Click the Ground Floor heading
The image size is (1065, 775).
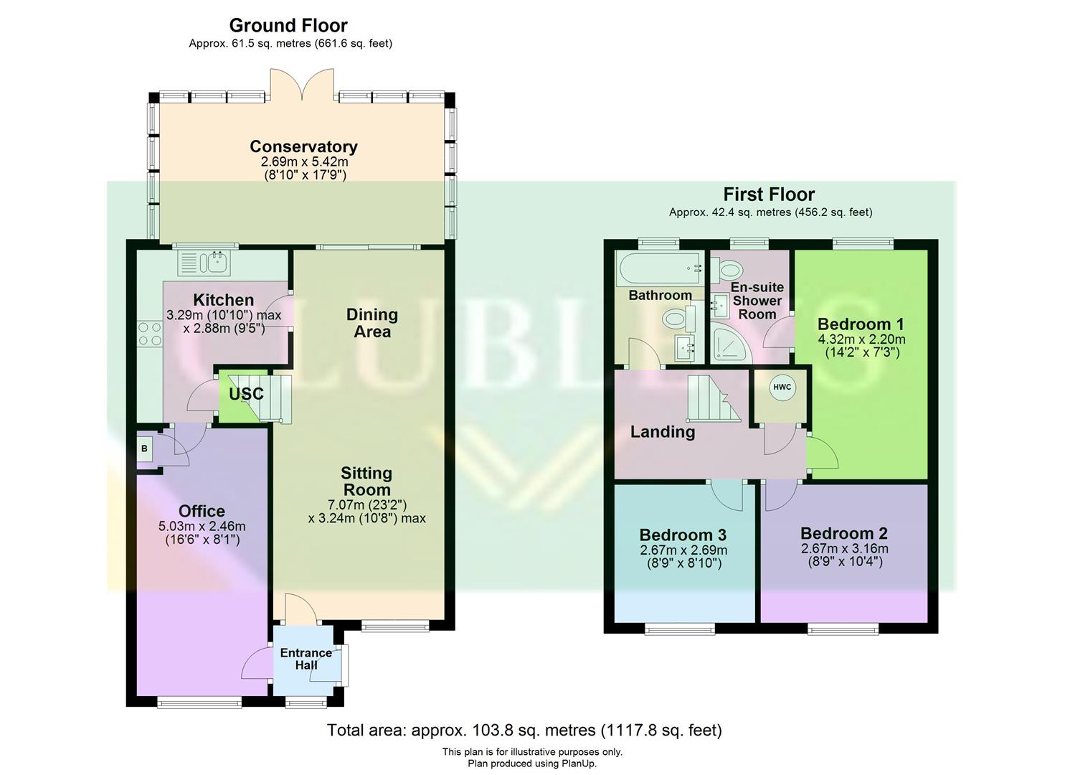pos(288,26)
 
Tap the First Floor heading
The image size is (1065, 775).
pos(769,194)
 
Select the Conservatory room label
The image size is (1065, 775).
pos(303,146)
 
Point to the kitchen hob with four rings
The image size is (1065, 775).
pos(150,334)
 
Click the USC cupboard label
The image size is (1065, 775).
pos(246,394)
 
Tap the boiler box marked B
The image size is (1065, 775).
pos(145,449)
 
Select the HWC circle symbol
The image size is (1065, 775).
pos(782,387)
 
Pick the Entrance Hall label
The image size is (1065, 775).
pos(306,659)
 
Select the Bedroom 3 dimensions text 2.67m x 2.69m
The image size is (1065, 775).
pos(683,550)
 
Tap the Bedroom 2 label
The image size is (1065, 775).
pos(843,533)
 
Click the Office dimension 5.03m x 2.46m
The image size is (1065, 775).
pos(202,526)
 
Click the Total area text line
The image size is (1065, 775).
pos(524,730)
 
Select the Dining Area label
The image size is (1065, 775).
pos(371,323)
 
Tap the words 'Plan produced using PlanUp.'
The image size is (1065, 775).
pos(531,764)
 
